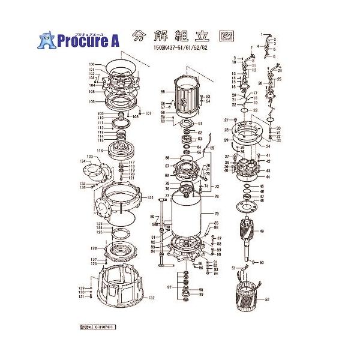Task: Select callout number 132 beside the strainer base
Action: pyautogui.click(x=152, y=298)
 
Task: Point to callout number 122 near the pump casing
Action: pyautogui.click(x=151, y=197)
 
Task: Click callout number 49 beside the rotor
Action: pyautogui.click(x=261, y=231)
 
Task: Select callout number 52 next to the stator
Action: pyautogui.click(x=268, y=299)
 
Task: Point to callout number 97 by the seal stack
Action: pyautogui.click(x=170, y=287)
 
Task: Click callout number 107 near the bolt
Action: pyautogui.click(x=148, y=113)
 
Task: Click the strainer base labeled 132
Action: pyautogui.click(x=120, y=288)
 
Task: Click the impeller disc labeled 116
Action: pyautogui.click(x=123, y=150)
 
